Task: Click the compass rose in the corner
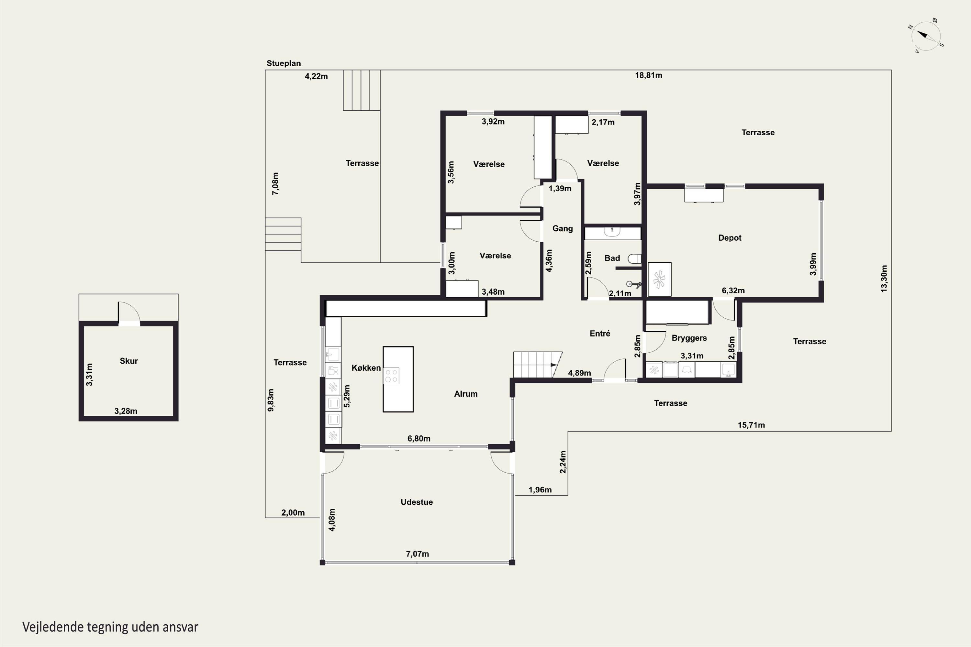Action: [926, 36]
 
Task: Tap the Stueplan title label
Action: [284, 63]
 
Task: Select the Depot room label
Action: [730, 238]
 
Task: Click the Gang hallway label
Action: [562, 228]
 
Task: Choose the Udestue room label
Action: [417, 502]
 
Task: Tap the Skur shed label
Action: [128, 361]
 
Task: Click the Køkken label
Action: [366, 367]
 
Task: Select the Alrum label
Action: [466, 394]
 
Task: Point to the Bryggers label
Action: [689, 338]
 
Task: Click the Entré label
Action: [599, 334]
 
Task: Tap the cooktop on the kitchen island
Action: [391, 376]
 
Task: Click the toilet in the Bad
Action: [634, 259]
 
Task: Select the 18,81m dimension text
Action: [648, 75]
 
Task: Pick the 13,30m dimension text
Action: [884, 279]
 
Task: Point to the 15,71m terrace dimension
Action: [751, 425]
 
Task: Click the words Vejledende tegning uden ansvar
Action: [110, 627]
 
